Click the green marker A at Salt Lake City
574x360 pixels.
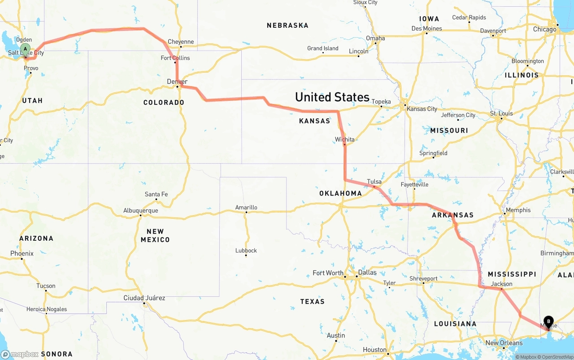26,49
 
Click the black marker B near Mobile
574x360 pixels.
548,321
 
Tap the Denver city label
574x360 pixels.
177,81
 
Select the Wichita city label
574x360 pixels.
344,139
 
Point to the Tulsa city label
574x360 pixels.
374,182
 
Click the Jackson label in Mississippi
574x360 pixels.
501,284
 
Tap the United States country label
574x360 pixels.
332,97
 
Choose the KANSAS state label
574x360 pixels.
314,121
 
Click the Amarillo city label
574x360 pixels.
246,207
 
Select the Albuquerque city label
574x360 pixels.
141,210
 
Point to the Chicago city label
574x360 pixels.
545,29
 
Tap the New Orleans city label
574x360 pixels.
504,343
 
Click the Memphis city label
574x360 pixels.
518,210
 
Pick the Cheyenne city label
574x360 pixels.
181,42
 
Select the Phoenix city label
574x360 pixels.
22,253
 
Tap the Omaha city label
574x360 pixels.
375,38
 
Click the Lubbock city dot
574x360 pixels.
246,255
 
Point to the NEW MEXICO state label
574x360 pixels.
155,235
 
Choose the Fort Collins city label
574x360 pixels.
175,58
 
